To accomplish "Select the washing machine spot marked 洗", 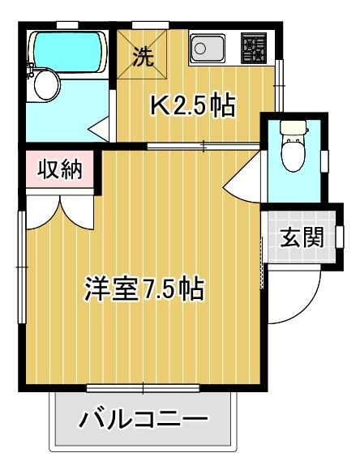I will click(x=142, y=55).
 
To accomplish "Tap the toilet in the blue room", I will click(x=290, y=147).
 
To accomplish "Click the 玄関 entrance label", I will click(x=302, y=237).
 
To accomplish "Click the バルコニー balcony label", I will click(x=144, y=420).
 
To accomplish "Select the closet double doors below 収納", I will click(x=58, y=209).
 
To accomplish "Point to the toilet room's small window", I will click(x=324, y=160).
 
